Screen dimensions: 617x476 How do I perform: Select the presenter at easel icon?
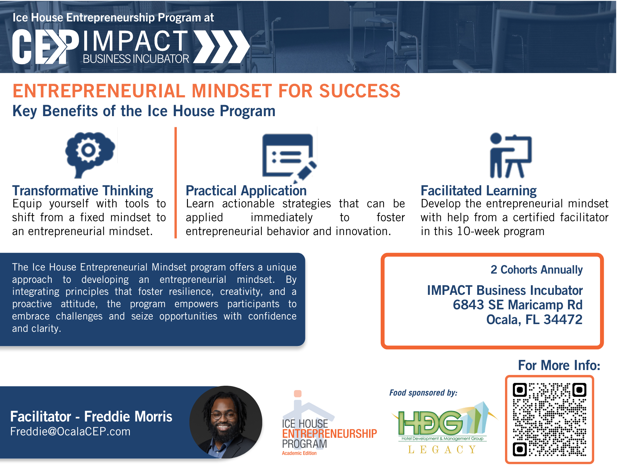pyautogui.click(x=511, y=156)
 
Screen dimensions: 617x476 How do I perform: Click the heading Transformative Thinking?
pyautogui.click(x=83, y=191)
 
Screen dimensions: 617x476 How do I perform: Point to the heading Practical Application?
pyautogui.click(x=246, y=191)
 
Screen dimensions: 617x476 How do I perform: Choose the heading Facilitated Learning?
pyautogui.click(x=478, y=191)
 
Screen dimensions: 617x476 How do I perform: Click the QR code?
pyautogui.click(x=549, y=419)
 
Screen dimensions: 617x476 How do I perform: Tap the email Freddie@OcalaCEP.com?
pyautogui.click(x=70, y=431)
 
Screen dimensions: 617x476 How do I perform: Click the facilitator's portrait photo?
pyautogui.click(x=226, y=422)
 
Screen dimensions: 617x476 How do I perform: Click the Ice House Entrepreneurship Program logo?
pyautogui.click(x=329, y=423)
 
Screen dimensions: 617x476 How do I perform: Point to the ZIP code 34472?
pyautogui.click(x=563, y=319)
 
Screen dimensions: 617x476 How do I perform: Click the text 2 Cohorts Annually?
pyautogui.click(x=536, y=270)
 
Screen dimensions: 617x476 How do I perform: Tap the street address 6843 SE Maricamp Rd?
pyautogui.click(x=518, y=305)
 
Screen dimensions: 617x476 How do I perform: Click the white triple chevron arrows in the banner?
pyautogui.click(x=222, y=47)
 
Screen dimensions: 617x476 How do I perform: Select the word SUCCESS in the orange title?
pyautogui.click(x=360, y=91)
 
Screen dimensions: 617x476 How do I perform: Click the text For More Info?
pyautogui.click(x=559, y=365)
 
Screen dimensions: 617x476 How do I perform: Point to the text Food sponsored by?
pyautogui.click(x=423, y=393)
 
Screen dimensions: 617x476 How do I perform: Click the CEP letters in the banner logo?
pyautogui.click(x=46, y=47)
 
